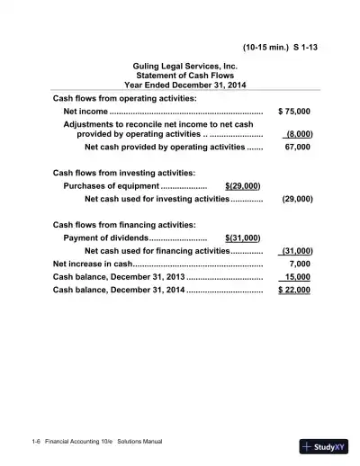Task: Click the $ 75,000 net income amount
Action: click(x=294, y=111)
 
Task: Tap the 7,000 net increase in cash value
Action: click(x=300, y=264)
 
